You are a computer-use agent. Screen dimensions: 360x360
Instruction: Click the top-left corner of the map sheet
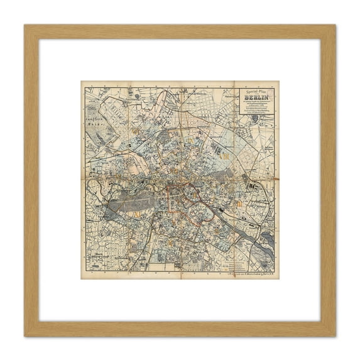pyautogui.click(x=82, y=82)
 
